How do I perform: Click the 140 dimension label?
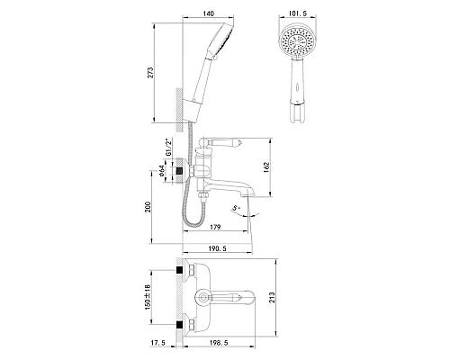click(x=208, y=13)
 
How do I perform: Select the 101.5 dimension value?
click(x=298, y=13)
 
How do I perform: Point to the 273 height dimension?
click(x=150, y=73)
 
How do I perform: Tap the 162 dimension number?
click(x=266, y=167)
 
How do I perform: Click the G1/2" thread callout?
click(x=168, y=147)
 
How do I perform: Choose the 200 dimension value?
click(x=148, y=207)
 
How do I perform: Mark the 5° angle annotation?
click(x=237, y=208)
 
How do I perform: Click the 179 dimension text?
click(x=215, y=227)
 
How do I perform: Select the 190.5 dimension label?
click(x=218, y=248)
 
